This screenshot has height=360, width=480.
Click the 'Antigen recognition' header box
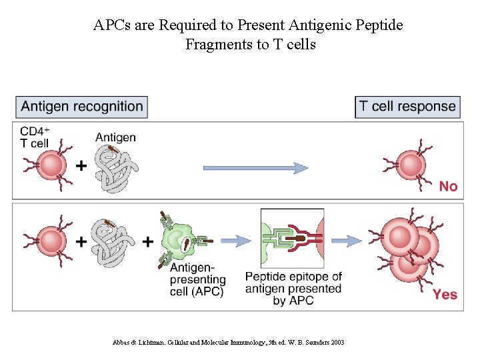[x=82, y=107]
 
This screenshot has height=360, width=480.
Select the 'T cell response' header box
[x=407, y=107]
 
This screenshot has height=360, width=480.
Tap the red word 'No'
[x=448, y=187]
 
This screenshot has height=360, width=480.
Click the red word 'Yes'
[x=445, y=294]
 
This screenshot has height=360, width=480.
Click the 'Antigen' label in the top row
[x=115, y=137]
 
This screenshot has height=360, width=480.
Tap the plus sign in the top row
[x=81, y=165]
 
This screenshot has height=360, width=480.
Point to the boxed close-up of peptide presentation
[x=292, y=239]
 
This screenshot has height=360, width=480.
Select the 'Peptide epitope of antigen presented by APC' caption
[x=293, y=288]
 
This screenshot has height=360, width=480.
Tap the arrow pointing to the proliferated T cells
[x=347, y=241]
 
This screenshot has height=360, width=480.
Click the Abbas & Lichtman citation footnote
[x=229, y=342]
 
